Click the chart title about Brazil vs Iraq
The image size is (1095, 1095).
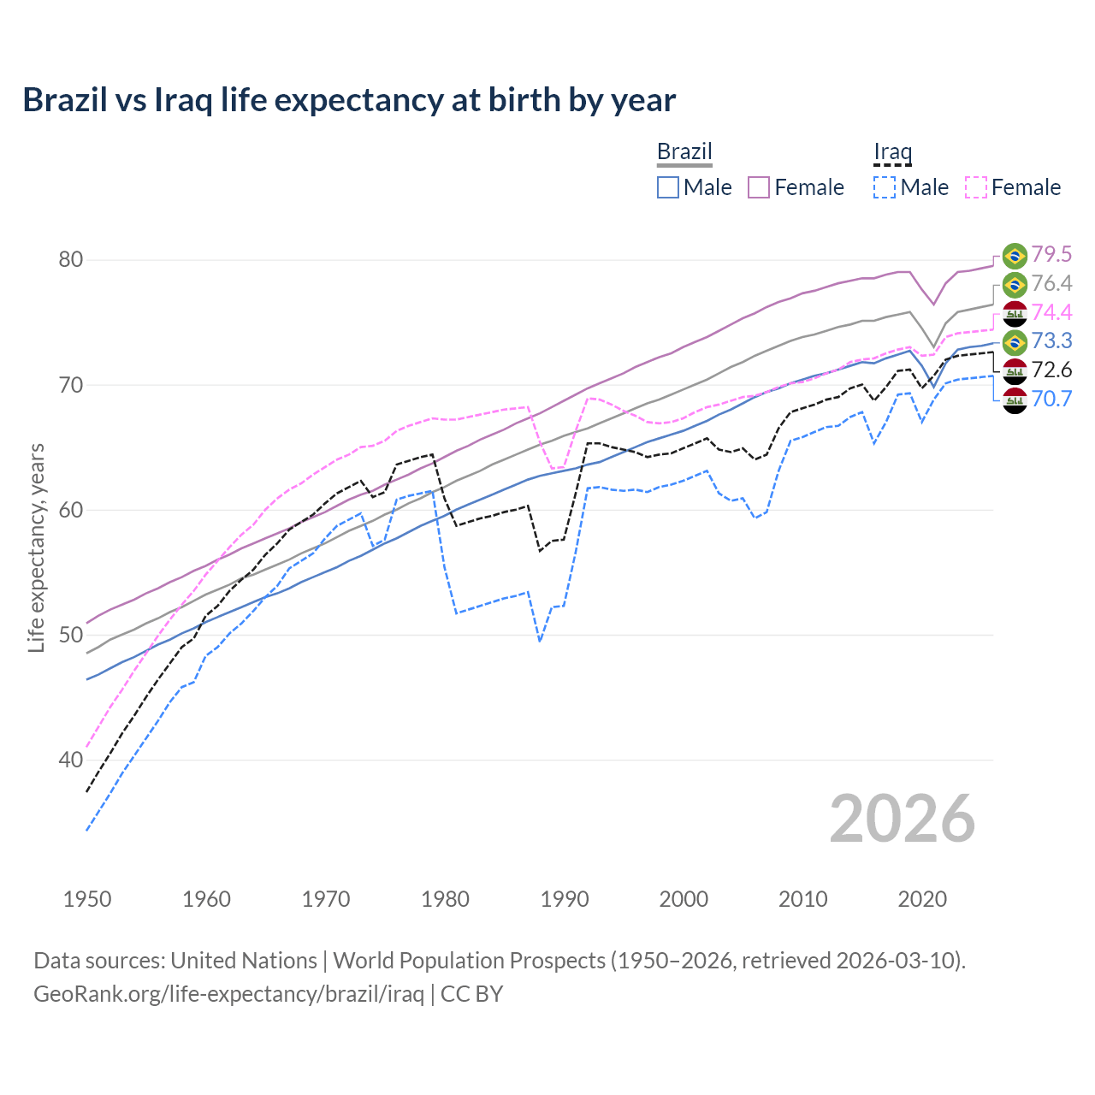349,100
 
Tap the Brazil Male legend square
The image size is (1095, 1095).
668,187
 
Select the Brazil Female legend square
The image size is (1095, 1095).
759,187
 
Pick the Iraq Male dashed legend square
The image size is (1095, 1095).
885,187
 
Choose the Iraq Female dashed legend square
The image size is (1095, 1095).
976,187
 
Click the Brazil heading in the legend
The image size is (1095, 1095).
684,151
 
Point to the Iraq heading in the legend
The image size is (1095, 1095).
892,151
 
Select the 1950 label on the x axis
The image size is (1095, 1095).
87,899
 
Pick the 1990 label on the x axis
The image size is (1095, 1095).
565,899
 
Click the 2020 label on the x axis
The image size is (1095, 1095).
922,899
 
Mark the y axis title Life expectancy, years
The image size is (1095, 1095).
36,547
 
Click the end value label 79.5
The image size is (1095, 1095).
1051,254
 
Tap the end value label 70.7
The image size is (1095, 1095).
1051,399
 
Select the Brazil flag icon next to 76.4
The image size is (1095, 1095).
1015,284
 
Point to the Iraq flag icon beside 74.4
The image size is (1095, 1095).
1015,313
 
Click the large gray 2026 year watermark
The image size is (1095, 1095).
902,819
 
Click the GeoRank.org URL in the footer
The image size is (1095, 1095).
228,994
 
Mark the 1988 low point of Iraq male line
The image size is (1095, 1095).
540,641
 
